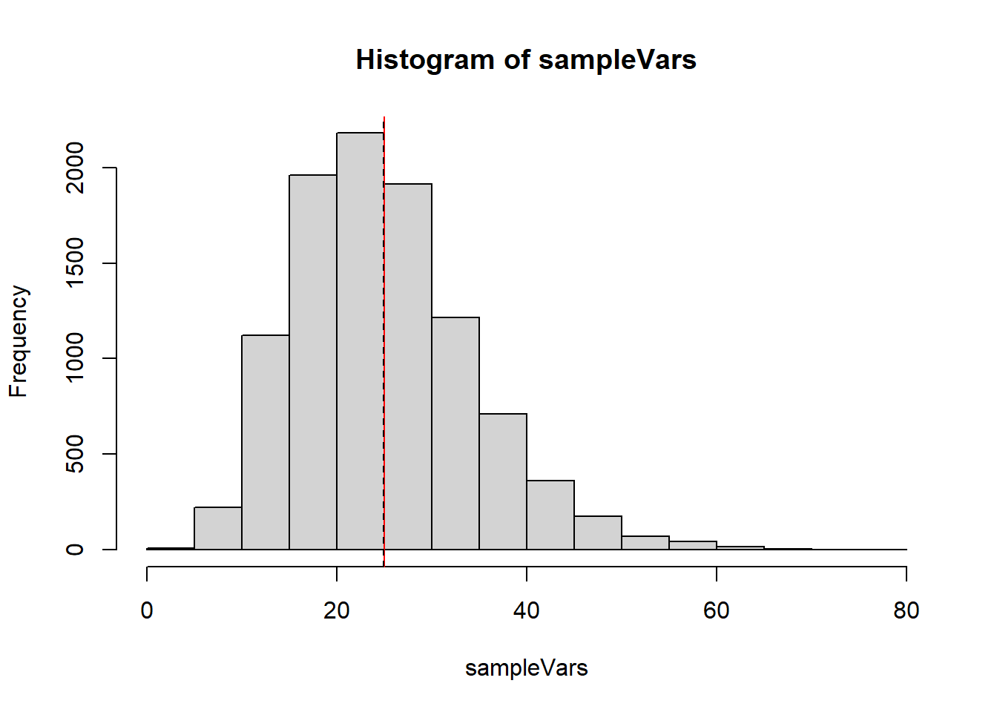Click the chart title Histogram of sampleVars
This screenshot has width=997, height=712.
[x=526, y=60]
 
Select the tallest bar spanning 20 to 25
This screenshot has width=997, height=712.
[x=360, y=341]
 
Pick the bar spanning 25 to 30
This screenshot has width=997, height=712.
[x=408, y=366]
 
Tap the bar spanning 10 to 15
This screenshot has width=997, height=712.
[x=265, y=442]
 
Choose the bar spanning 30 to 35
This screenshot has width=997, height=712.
[x=455, y=433]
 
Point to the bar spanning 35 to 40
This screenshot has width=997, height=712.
[x=503, y=481]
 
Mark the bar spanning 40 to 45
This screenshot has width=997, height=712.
[x=550, y=515]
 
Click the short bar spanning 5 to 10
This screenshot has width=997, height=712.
[x=217, y=528]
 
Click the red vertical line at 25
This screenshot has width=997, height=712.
[x=384, y=222]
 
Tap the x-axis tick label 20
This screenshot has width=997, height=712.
[x=337, y=610]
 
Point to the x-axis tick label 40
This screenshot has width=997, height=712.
[x=527, y=610]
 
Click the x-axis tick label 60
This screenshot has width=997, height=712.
[x=717, y=610]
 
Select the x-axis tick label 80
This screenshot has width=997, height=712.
[x=906, y=610]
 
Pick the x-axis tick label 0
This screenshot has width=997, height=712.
[x=147, y=610]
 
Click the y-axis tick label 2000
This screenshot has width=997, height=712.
[x=75, y=168]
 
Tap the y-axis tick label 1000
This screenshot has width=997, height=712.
[x=75, y=358]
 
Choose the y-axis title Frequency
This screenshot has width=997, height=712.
[x=18, y=341]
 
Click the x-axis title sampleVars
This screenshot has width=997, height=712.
[x=526, y=668]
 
